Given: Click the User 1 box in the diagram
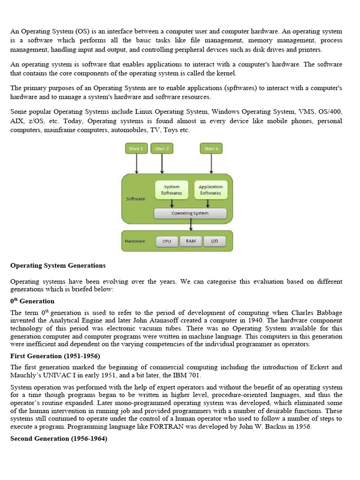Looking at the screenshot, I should click(136, 149).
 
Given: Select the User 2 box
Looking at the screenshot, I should click(162, 149).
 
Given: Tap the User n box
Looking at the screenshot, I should click(211, 149).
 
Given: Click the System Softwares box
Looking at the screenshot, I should click(172, 190).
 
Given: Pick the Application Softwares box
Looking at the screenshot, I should click(210, 190).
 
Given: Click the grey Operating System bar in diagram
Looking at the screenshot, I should click(190, 213).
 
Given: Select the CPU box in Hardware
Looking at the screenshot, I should click(167, 241).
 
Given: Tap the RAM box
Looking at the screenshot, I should click(191, 241).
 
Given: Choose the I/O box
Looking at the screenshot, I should click(214, 241).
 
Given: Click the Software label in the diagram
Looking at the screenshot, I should click(136, 199).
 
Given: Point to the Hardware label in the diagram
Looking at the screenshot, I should click(135, 241).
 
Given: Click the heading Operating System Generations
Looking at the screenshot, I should click(58, 265).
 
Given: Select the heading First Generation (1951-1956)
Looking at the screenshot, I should click(55, 356).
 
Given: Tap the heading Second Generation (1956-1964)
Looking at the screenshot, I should click(59, 438).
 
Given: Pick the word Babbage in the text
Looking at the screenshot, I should click(330, 313).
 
